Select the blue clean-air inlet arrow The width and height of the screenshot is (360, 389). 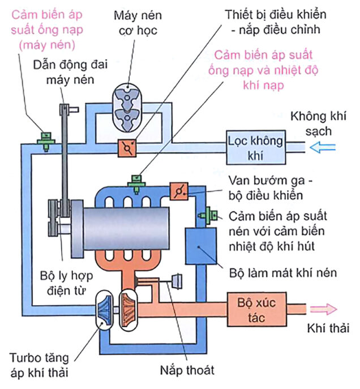click(x=323, y=147)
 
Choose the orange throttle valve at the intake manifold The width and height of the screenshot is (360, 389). click(x=178, y=191)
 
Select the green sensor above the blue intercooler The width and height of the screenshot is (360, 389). click(x=209, y=214)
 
